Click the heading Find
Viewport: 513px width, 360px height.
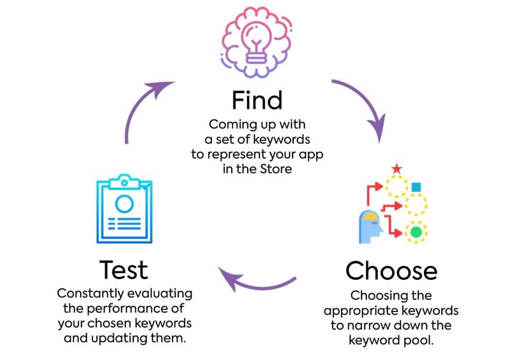pyautogui.click(x=257, y=100)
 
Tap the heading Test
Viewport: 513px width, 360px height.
pyautogui.click(x=124, y=270)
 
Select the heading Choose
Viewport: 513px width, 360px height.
pyautogui.click(x=391, y=271)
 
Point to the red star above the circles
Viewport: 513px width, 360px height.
pyautogui.click(x=397, y=168)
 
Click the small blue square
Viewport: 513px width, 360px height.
pyautogui.click(x=416, y=187)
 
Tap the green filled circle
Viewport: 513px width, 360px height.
pyautogui.click(x=416, y=232)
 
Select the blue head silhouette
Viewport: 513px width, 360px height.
pyautogui.click(x=370, y=227)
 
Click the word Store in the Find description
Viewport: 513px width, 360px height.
pyautogui.click(x=276, y=169)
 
